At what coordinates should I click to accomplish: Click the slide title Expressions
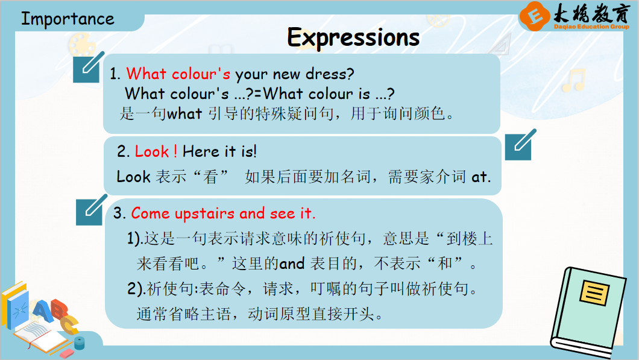click(x=353, y=38)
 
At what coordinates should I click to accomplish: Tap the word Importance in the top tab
click(x=68, y=19)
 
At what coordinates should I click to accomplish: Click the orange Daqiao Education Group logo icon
click(x=534, y=16)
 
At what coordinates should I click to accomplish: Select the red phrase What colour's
click(x=178, y=74)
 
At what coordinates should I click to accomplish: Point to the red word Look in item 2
click(x=151, y=151)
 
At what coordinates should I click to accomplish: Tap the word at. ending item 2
click(x=481, y=177)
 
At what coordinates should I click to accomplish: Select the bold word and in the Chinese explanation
click(x=292, y=264)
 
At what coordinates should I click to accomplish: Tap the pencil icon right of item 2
click(x=520, y=145)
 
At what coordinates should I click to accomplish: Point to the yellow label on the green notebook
click(x=594, y=292)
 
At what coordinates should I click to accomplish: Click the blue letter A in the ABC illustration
click(x=43, y=311)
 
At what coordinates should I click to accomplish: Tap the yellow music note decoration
click(x=574, y=80)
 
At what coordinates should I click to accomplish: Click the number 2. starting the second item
click(x=123, y=151)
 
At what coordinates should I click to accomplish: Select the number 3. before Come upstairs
click(x=119, y=213)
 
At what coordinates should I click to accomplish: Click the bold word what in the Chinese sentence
click(x=184, y=113)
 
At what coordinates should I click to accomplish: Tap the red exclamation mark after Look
click(x=175, y=151)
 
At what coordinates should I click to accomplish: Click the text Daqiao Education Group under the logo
click(x=591, y=27)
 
